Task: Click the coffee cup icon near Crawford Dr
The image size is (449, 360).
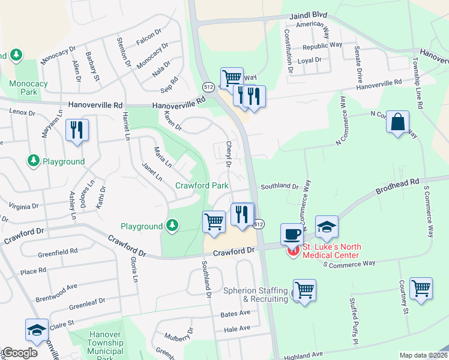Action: tap(292, 234)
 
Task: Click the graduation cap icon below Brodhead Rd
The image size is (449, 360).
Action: tap(327, 227)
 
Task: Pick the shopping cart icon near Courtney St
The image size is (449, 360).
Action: tap(421, 288)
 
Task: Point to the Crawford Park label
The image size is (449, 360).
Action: tap(201, 185)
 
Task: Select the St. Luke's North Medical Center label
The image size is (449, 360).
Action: tap(330, 251)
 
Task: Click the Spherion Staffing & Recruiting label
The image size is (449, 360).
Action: tap(256, 295)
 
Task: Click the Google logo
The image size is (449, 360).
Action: tap(19, 353)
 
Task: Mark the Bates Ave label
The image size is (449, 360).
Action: tap(235, 313)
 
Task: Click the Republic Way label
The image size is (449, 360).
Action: tap(322, 46)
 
